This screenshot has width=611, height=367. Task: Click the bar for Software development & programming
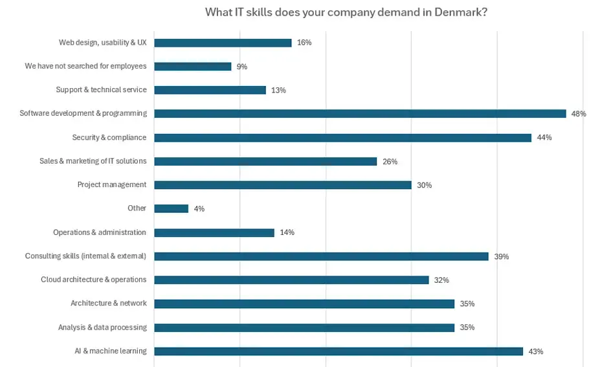click(x=360, y=114)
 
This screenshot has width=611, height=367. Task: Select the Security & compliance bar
click(x=342, y=138)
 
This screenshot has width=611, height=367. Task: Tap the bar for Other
click(x=171, y=208)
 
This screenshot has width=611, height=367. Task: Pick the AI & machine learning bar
click(x=339, y=351)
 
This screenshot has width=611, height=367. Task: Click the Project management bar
click(x=283, y=185)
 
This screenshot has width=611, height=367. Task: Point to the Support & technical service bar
click(x=210, y=90)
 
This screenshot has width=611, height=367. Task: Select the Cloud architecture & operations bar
click(x=291, y=280)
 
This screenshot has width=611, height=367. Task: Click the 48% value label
click(x=578, y=114)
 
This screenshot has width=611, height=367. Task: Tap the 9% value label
click(x=241, y=67)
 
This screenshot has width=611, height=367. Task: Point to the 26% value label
click(x=390, y=162)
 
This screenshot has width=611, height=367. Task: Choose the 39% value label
click(x=501, y=256)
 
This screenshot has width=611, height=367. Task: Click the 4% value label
click(x=199, y=209)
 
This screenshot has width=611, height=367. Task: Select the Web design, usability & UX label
click(x=102, y=43)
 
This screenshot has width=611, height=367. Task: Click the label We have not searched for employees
click(x=85, y=66)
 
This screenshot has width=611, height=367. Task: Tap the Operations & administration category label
click(x=100, y=232)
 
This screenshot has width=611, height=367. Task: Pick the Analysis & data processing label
click(x=102, y=328)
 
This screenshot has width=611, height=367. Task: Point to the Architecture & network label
click(x=108, y=304)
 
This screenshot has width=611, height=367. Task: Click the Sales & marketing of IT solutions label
click(x=93, y=161)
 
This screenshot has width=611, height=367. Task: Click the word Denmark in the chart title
click(x=462, y=12)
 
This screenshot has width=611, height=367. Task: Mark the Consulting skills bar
click(x=321, y=256)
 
